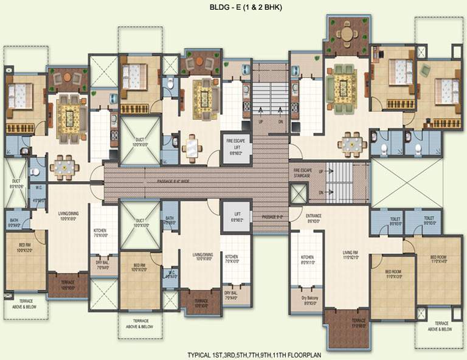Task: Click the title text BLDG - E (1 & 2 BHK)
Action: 233,7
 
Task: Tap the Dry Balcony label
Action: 309,300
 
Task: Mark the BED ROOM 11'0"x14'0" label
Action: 438,260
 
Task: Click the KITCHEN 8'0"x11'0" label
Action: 308,260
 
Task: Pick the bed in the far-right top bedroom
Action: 448,91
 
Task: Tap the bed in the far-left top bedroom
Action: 18,95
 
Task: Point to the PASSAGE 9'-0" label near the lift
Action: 272,216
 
